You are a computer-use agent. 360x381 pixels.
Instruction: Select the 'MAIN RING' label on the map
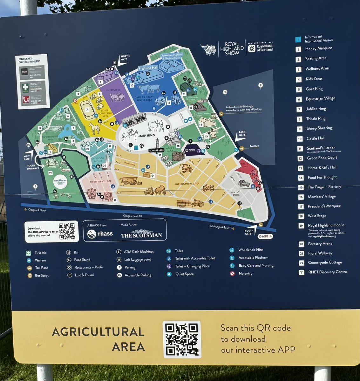(x=146, y=136)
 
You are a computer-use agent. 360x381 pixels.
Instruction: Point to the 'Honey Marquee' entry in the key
(x=318, y=49)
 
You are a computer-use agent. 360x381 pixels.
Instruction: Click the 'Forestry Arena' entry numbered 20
(x=320, y=244)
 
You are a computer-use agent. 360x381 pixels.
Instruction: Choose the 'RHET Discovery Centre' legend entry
(x=327, y=272)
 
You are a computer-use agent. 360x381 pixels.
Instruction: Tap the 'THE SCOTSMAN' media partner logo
(x=141, y=235)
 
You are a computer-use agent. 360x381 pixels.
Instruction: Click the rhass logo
(x=100, y=234)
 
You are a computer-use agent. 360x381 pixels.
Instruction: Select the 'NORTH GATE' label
(x=125, y=58)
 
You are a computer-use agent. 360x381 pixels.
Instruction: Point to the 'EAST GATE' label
(x=242, y=133)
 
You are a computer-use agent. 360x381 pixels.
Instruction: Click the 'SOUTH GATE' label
(x=249, y=232)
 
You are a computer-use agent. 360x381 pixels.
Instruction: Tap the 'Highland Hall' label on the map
(x=148, y=68)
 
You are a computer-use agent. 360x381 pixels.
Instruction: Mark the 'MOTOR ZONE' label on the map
(x=235, y=193)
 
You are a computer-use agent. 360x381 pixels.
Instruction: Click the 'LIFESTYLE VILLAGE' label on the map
(x=101, y=181)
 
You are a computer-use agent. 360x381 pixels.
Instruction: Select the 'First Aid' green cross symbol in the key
(x=29, y=253)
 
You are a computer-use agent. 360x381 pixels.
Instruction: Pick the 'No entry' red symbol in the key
(x=232, y=273)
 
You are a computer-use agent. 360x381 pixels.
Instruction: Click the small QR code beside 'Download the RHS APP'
(x=67, y=231)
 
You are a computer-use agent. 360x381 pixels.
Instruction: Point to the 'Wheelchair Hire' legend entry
(x=250, y=250)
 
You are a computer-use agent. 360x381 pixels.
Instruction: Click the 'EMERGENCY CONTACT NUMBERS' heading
(x=30, y=60)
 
